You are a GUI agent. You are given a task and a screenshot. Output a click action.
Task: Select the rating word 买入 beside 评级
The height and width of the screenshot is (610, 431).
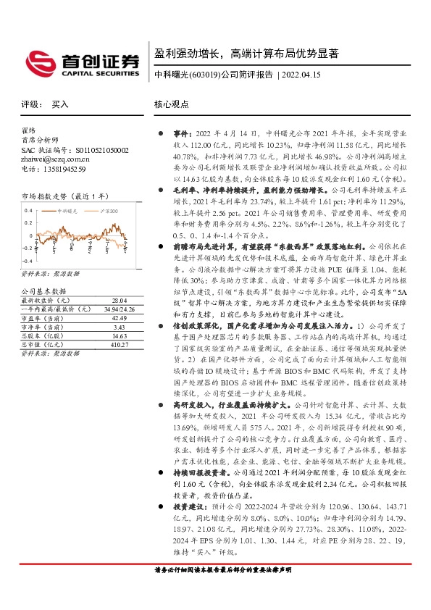pos(60,104)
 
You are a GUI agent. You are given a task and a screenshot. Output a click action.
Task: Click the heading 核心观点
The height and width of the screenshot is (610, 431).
pos(171,104)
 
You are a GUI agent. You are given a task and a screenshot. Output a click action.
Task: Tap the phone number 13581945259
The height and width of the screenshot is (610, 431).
pos(62,169)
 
